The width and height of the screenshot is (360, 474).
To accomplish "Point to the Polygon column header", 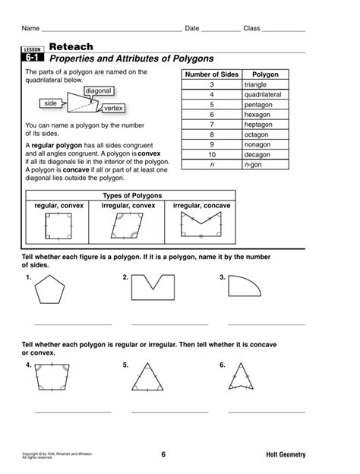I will pyautogui.click(x=265, y=75).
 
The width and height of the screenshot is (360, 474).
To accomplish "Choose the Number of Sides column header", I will pyautogui.click(x=213, y=75).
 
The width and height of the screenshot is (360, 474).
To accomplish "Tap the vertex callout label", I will pyautogui.click(x=113, y=109).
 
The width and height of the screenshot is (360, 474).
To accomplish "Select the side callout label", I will pyautogui.click(x=51, y=103).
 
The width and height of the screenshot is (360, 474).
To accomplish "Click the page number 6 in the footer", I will pyautogui.click(x=163, y=455).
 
